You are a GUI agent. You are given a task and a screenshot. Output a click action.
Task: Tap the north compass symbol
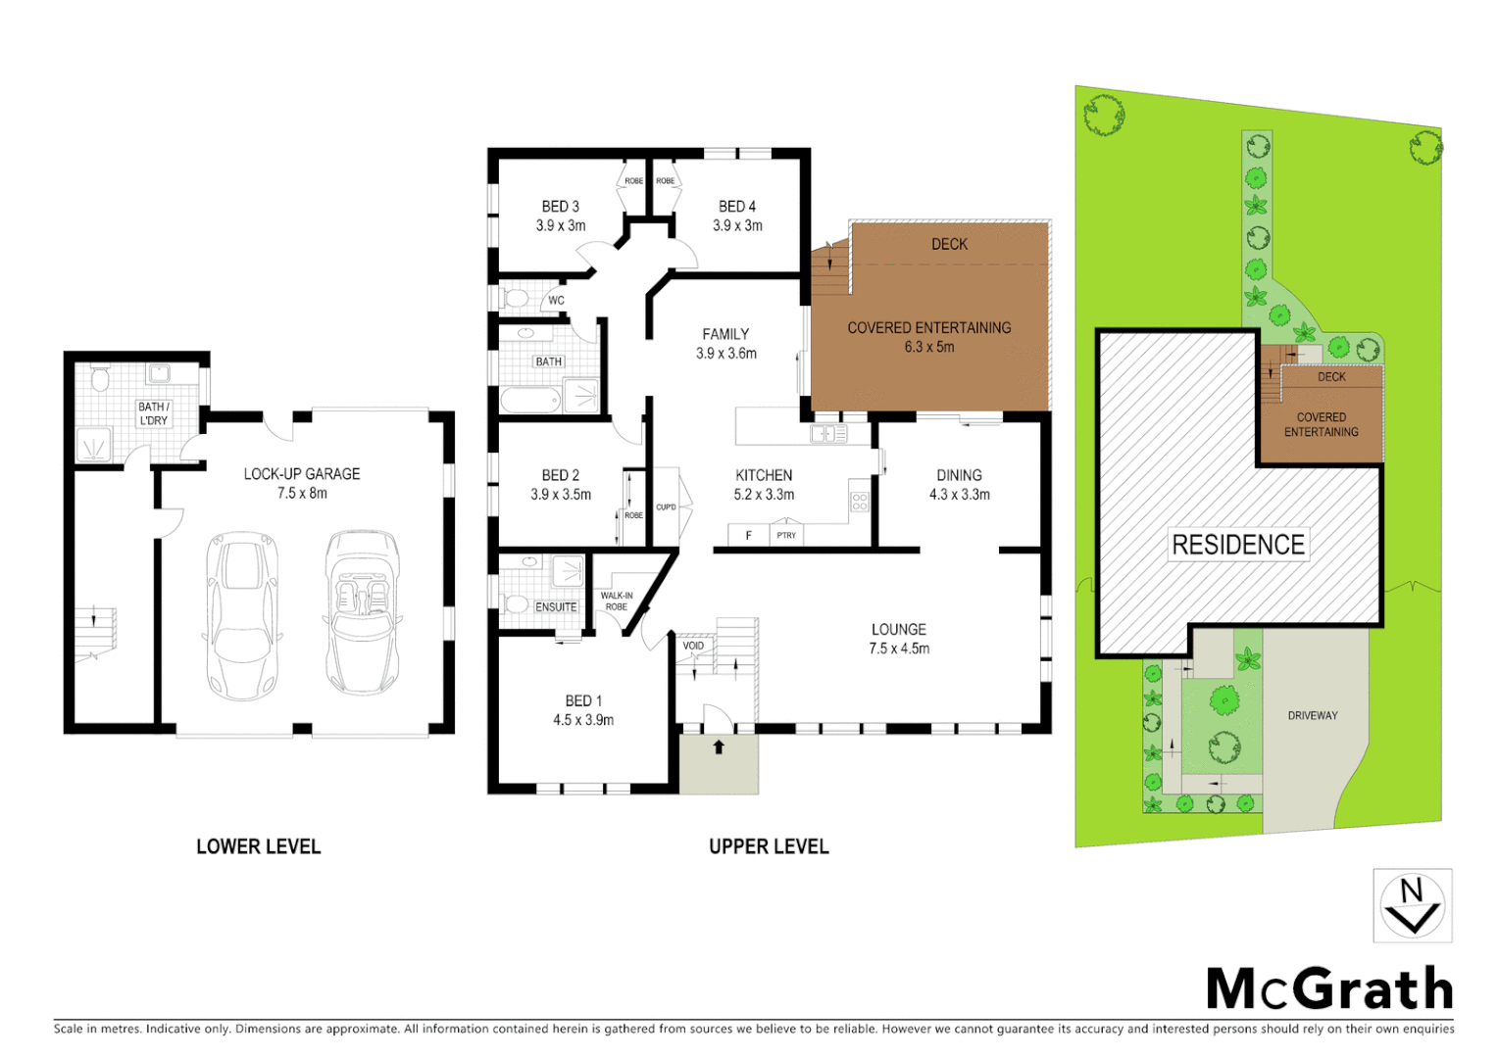tap(1412, 905)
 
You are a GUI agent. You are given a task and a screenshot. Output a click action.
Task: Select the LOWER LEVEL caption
tap(258, 846)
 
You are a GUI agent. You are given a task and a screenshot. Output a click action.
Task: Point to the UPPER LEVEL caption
tap(769, 846)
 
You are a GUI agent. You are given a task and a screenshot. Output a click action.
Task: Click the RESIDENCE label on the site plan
tap(1238, 545)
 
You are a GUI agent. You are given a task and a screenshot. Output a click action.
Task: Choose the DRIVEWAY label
tap(1313, 716)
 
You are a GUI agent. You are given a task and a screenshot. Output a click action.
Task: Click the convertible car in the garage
tap(362, 612)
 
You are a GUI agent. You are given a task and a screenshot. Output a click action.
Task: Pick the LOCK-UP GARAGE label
tap(302, 474)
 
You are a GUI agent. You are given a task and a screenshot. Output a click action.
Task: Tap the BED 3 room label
tap(561, 207)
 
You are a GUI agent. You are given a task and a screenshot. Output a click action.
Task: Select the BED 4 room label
tap(737, 207)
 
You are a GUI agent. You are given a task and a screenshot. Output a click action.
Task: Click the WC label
tap(556, 301)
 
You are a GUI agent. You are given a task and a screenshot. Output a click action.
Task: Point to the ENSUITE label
tap(556, 607)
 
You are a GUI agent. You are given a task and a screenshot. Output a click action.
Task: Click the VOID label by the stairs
tap(693, 646)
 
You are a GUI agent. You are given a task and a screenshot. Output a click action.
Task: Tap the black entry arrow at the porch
tap(719, 747)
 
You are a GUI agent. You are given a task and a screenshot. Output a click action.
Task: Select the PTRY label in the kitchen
tap(786, 536)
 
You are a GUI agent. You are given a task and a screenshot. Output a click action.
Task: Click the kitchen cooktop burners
tap(860, 502)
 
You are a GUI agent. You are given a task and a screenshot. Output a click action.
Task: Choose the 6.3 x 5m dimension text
tap(929, 348)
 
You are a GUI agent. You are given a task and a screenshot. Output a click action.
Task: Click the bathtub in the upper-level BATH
tap(530, 399)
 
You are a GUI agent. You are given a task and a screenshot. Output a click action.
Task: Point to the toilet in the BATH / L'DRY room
tap(99, 379)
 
